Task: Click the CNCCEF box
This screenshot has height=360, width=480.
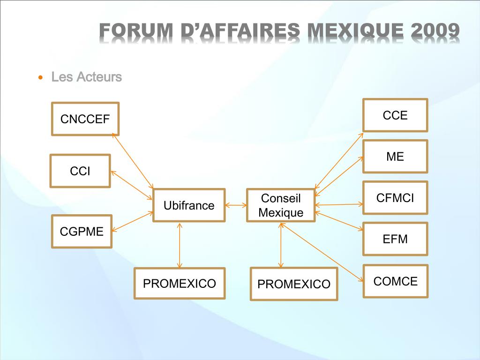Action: click(x=85, y=119)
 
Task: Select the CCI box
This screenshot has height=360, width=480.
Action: click(x=80, y=171)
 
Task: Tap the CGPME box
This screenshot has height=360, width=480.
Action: click(x=82, y=231)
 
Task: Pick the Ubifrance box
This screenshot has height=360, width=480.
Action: click(x=189, y=205)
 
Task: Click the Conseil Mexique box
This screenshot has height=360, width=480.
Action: click(x=281, y=205)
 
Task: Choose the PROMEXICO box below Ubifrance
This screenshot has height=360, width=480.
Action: click(x=180, y=283)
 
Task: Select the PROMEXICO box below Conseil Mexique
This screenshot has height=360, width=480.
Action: click(x=294, y=284)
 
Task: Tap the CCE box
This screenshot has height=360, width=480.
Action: click(x=395, y=115)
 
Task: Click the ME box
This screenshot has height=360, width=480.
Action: click(x=395, y=157)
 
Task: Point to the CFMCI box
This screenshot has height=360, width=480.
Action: click(x=395, y=198)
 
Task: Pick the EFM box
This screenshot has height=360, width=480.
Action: click(x=395, y=239)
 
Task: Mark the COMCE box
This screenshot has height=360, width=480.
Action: click(x=395, y=281)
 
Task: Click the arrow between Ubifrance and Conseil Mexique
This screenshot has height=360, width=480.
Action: click(x=236, y=205)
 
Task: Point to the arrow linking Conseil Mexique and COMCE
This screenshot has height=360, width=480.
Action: click(x=323, y=252)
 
